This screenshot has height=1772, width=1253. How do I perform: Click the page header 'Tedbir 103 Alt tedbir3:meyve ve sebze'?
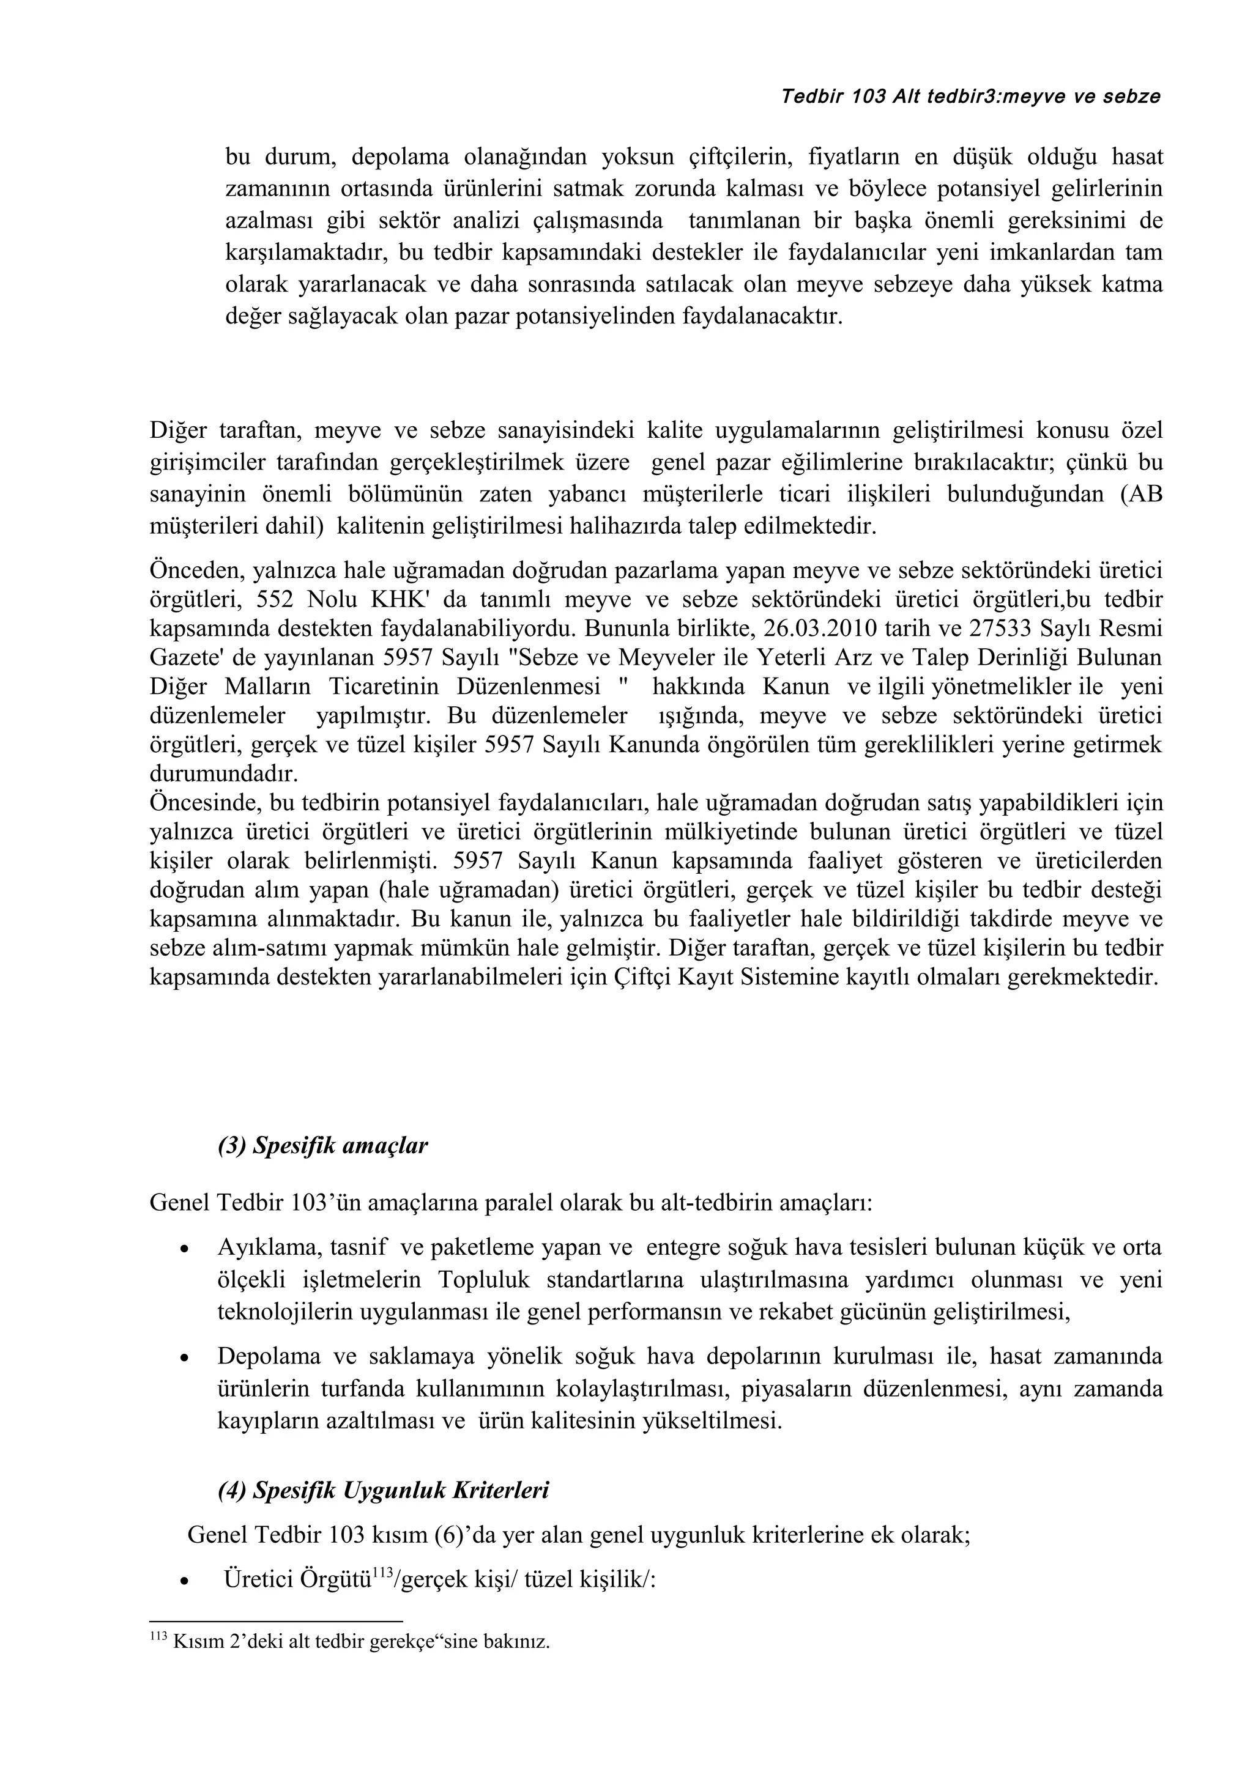pyautogui.click(x=970, y=97)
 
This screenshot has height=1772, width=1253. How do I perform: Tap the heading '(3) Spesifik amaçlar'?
pyautogui.click(x=322, y=1145)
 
